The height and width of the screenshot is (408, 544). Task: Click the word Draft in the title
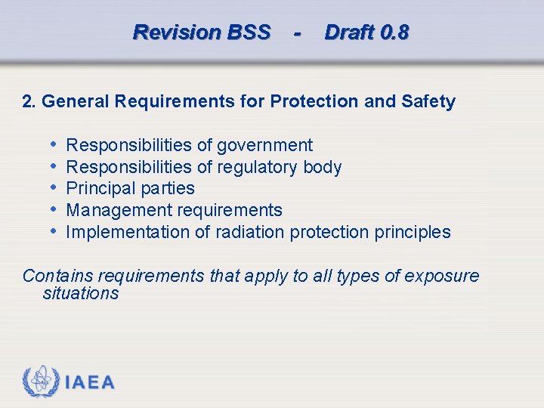coord(349,32)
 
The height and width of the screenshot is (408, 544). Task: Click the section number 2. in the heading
coord(30,101)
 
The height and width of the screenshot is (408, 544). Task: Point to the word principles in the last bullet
coord(413,232)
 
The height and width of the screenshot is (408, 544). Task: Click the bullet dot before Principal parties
coord(54,187)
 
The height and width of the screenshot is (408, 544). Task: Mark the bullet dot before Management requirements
coord(54,209)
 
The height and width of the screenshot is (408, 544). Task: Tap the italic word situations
coord(81,293)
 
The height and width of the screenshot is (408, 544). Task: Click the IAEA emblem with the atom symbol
coord(40,382)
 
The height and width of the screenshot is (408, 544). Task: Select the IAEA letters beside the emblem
coord(90,383)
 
